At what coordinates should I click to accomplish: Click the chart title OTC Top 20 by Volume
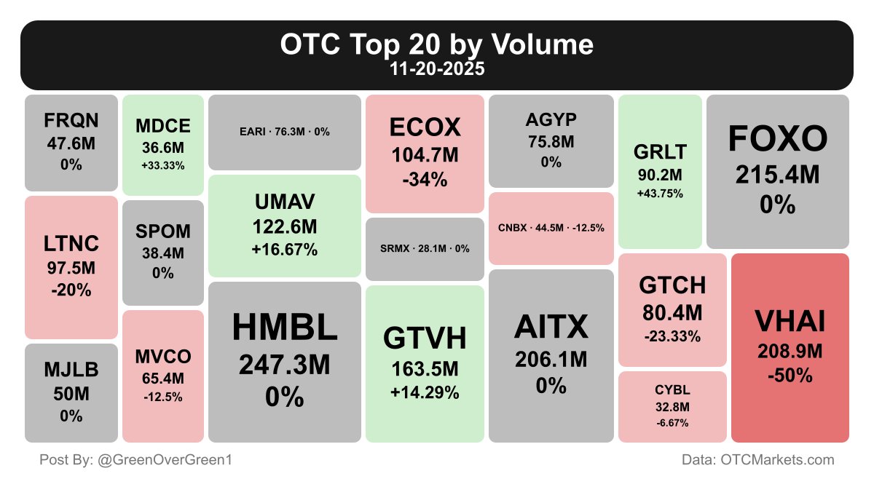437,45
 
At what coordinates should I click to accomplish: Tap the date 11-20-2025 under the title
437,70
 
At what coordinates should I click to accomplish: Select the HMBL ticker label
285,328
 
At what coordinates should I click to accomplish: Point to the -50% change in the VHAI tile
790,376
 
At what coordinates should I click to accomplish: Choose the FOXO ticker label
778,138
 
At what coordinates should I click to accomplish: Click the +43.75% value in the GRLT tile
660,194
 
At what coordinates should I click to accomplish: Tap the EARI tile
285,132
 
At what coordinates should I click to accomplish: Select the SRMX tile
425,249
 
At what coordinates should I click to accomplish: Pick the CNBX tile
551,228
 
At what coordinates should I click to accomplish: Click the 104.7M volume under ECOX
425,154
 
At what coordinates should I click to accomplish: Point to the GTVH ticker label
425,338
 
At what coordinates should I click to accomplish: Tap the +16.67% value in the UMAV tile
285,250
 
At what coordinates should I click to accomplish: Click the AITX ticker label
551,328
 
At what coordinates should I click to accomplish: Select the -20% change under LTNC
71,290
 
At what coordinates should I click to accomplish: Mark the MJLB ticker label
71,371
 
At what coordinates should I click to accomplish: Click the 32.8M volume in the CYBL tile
672,407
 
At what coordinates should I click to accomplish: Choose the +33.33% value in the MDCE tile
163,165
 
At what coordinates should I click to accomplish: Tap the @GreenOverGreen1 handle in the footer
165,460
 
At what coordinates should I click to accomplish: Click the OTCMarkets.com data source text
777,460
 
